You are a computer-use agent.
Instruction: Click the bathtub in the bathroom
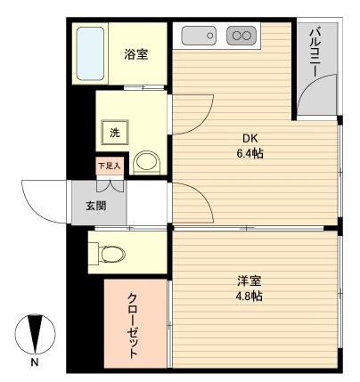90,53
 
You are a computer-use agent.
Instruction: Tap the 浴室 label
136,54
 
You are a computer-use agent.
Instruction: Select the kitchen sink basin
198,36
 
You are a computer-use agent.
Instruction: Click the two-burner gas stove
241,36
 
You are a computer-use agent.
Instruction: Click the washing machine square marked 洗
114,133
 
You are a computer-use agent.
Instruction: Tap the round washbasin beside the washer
145,162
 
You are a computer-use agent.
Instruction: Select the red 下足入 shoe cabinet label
109,166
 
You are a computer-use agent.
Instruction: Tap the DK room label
250,138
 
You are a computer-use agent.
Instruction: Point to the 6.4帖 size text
250,153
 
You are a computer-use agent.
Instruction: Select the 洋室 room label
249,281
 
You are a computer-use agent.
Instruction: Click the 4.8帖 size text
249,297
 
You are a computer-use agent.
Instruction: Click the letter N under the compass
33,364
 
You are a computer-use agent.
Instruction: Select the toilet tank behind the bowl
94,254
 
